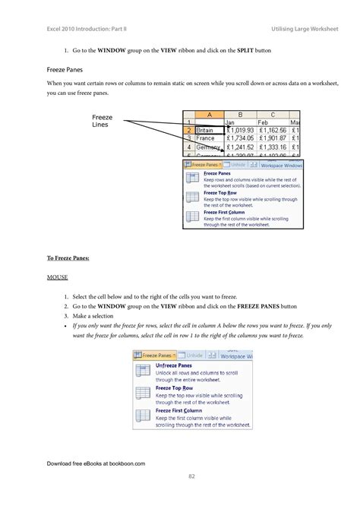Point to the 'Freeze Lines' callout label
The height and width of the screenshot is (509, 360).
103,122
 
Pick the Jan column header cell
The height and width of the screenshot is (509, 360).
240,122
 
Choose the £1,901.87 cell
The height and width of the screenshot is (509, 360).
273,138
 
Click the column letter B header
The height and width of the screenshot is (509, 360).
240,113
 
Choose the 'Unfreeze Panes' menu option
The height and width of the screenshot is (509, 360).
174,365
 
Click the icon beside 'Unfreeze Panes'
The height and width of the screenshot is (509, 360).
142,370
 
